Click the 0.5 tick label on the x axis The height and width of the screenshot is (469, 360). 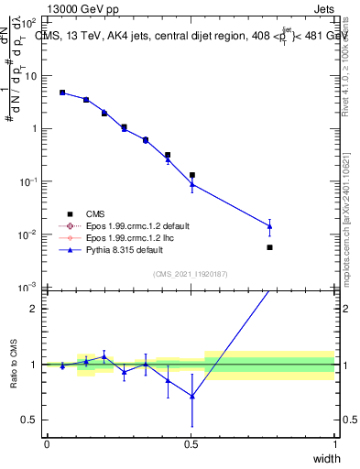pyautogui.click(x=191, y=444)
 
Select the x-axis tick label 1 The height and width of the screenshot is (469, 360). pyautogui.click(x=335, y=444)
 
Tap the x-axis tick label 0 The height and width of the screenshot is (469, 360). pyautogui.click(x=47, y=444)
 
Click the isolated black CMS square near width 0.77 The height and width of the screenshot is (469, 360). pyautogui.click(x=269, y=247)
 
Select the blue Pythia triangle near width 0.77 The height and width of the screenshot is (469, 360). pyautogui.click(x=269, y=225)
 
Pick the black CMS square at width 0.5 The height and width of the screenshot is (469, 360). pyautogui.click(x=191, y=175)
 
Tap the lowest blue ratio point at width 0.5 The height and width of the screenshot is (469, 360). pyautogui.click(x=191, y=396)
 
